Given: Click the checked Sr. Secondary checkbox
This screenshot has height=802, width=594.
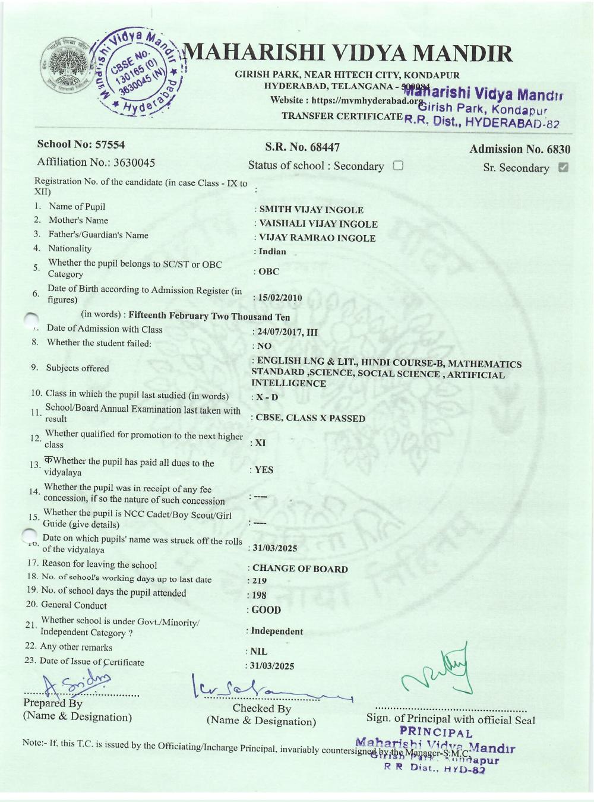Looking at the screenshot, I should click(x=564, y=168).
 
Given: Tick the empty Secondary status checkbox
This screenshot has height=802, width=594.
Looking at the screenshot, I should click(x=398, y=166).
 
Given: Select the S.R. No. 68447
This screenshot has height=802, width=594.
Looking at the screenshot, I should click(x=302, y=147).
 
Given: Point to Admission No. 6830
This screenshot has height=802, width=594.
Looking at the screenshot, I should click(x=520, y=149).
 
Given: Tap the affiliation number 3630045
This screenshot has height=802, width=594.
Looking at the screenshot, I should click(x=96, y=162).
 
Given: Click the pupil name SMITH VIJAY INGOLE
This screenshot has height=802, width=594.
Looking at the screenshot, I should click(x=311, y=210).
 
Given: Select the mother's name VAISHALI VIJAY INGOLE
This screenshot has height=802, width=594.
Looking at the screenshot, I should click(x=318, y=224).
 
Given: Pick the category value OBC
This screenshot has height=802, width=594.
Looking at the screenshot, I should click(x=268, y=271).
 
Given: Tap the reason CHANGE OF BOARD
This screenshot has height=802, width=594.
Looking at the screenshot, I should click(x=300, y=569).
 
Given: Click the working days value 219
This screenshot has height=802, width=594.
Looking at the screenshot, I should click(x=259, y=581).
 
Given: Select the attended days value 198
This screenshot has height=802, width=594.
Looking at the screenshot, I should click(x=259, y=595).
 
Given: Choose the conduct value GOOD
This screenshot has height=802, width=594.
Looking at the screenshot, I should click(x=266, y=610).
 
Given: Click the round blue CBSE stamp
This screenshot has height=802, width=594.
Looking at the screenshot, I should click(x=139, y=74).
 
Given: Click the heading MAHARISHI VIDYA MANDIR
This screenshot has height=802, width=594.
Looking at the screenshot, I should click(x=350, y=54).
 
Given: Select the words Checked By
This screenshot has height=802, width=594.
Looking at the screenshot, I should click(x=262, y=708).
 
